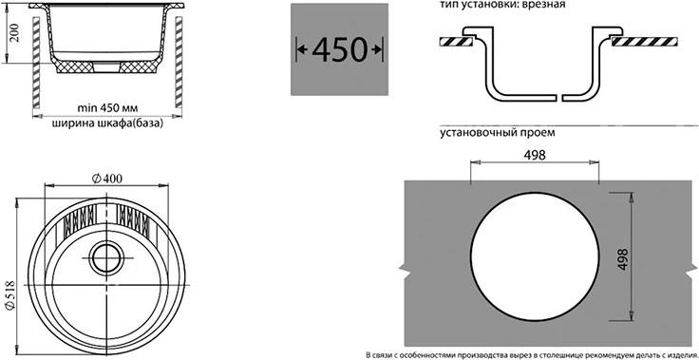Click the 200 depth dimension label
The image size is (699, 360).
[15, 33]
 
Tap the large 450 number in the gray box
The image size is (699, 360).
[339, 49]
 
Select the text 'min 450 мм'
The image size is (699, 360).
[107, 108]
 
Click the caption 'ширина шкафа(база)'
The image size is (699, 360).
[107, 123]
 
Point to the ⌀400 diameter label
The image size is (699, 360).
[107, 179]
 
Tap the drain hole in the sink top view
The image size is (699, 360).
[107, 257]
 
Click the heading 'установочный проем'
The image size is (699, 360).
[497, 133]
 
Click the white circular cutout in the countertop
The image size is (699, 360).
[535, 256]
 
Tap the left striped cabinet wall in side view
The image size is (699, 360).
[36, 63]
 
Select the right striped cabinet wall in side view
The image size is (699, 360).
[179, 63]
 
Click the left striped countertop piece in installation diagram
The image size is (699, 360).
[456, 42]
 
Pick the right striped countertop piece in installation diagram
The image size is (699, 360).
[645, 42]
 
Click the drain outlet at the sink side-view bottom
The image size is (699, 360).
[107, 66]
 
